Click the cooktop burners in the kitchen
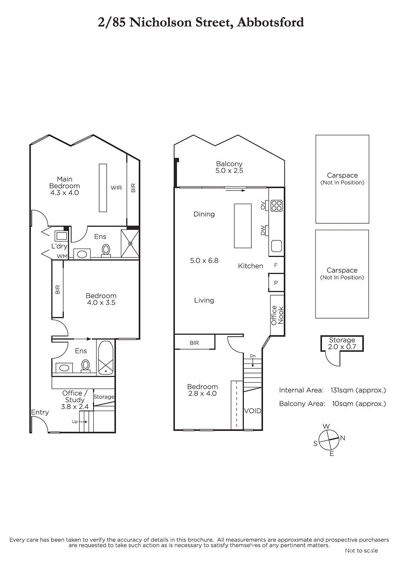point(277,206)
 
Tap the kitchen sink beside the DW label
point(277,245)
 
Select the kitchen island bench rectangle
point(242,225)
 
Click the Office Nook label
point(277,315)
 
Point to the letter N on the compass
point(343,438)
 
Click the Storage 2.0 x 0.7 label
point(342,343)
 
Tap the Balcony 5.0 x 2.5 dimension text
point(229,170)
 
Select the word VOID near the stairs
point(253,411)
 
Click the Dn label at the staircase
point(252,356)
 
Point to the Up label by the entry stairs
point(75,422)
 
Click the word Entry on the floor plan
point(40,412)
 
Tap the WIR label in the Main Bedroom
point(116,188)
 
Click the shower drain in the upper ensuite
point(130,244)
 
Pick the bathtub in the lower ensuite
point(106,358)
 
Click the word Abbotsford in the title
point(270,22)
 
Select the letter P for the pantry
point(276,283)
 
